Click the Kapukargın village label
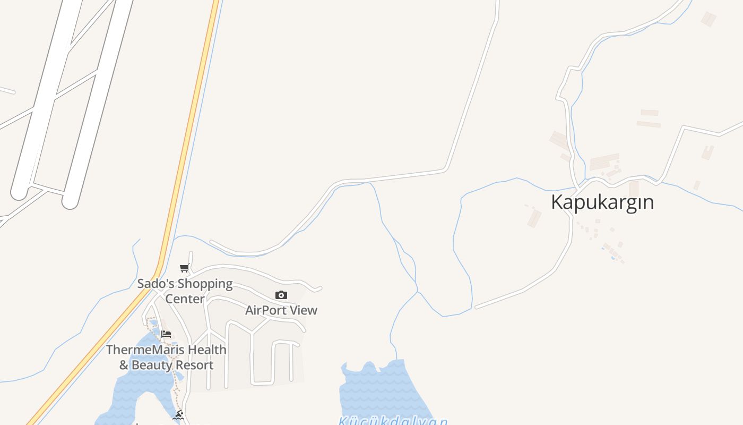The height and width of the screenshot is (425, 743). coord(602,202)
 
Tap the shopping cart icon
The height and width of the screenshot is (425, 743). coord(184,268)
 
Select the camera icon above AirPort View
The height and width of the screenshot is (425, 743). coord(281,295)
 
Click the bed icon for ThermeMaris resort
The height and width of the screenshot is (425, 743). coord(166,334)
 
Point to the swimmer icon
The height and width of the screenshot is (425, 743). coord(178,415)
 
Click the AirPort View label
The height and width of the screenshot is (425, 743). coord(281,310)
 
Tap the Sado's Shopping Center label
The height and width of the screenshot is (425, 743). coord(185,291)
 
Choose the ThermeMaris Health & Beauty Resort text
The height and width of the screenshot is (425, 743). coord(166,357)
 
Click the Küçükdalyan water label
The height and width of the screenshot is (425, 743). coord(393,421)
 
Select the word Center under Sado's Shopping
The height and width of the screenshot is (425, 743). coord(185,299)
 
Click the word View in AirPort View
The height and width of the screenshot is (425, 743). coord(304,310)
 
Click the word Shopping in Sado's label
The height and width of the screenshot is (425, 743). coord(205,284)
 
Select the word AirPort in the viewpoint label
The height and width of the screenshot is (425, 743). coord(266,310)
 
